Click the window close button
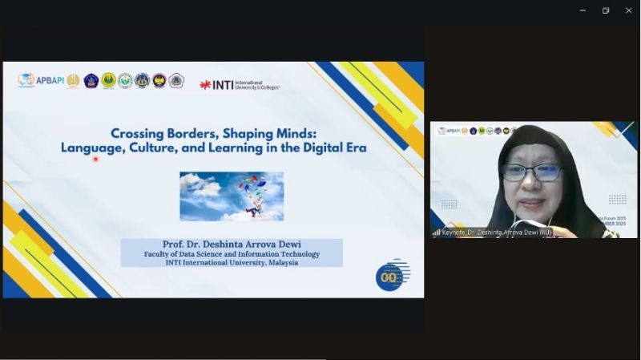pyautogui.click(x=628, y=10)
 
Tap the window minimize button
pyautogui.click(x=583, y=10)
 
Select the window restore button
pyautogui.click(x=606, y=10)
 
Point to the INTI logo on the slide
pyautogui.click(x=240, y=84)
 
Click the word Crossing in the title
pyautogui.click(x=139, y=134)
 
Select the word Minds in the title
pyautogui.click(x=291, y=134)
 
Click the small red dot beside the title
pyautogui.click(x=95, y=159)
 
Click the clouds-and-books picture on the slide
pyautogui.click(x=232, y=196)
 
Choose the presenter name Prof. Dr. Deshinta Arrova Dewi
pyautogui.click(x=232, y=245)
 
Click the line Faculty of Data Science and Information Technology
pyautogui.click(x=232, y=254)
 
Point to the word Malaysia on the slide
pyautogui.click(x=280, y=263)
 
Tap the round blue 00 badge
pyautogui.click(x=390, y=277)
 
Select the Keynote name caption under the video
pyautogui.click(x=497, y=233)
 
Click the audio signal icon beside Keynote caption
pyautogui.click(x=437, y=233)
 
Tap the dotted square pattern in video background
pyautogui.click(x=617, y=199)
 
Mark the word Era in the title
pyautogui.click(x=353, y=148)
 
